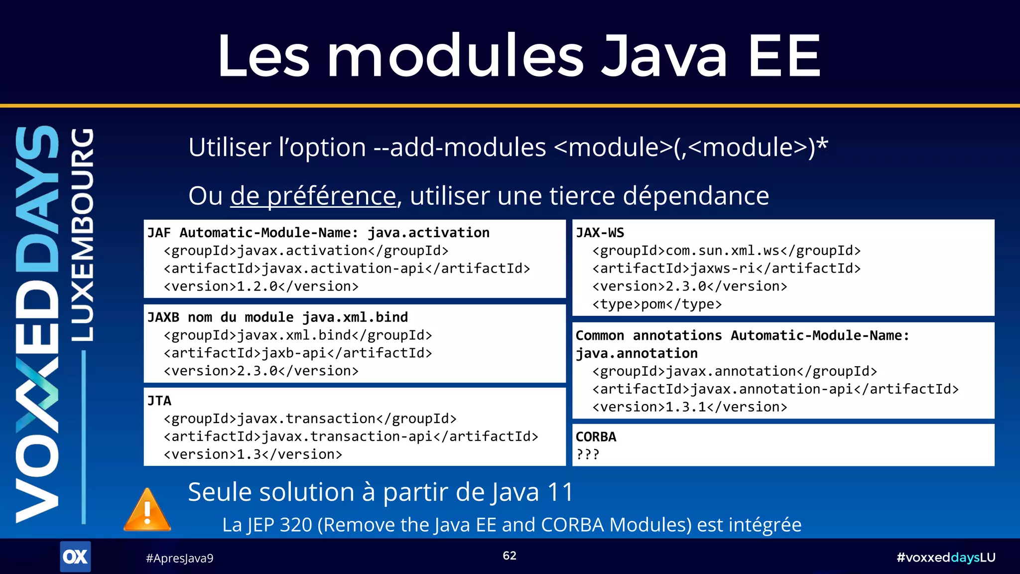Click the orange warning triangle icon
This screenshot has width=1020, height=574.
147,511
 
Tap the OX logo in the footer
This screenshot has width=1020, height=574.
75,557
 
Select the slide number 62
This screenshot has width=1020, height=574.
510,556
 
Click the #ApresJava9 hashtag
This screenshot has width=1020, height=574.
179,558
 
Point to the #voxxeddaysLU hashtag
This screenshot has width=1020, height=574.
945,557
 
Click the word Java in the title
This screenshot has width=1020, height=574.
665,56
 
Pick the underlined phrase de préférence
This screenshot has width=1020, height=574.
313,195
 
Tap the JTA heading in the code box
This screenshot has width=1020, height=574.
159,401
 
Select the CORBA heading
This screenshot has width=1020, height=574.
596,436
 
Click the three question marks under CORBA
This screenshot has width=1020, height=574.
588,454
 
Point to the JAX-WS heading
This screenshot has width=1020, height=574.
600,233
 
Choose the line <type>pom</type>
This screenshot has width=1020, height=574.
657,304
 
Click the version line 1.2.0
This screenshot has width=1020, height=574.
261,287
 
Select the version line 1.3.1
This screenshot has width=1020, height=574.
690,407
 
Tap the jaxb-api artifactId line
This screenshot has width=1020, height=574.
298,353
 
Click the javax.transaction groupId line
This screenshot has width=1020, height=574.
310,419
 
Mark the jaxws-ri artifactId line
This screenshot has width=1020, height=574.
726,269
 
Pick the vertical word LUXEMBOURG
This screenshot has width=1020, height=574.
81,234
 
